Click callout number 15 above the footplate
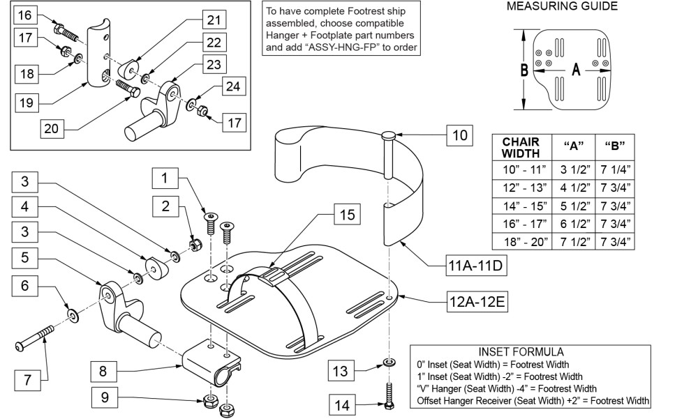(x=346, y=215)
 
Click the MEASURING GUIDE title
(x=571, y=7)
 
